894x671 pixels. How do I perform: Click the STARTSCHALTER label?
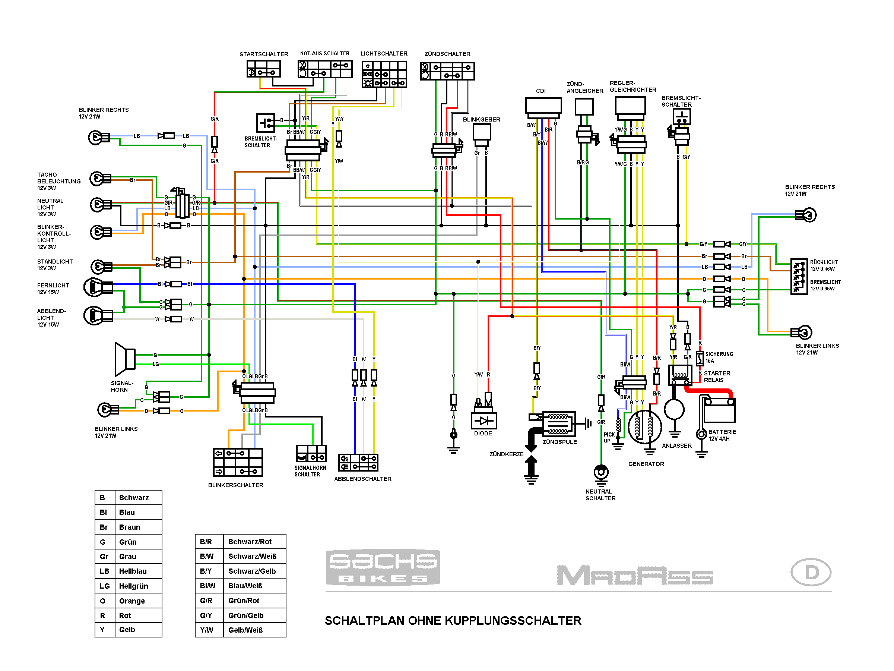point(263,54)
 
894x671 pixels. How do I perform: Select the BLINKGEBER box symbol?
point(482,132)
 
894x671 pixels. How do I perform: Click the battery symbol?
point(719,411)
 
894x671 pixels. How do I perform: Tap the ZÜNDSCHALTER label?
point(447,54)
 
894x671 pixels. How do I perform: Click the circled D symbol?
point(810,572)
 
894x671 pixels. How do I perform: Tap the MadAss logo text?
point(634,575)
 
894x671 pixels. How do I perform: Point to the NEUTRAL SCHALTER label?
point(600,495)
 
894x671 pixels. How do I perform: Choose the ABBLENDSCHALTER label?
point(362,479)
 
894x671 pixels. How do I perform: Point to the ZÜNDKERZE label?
point(506,454)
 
